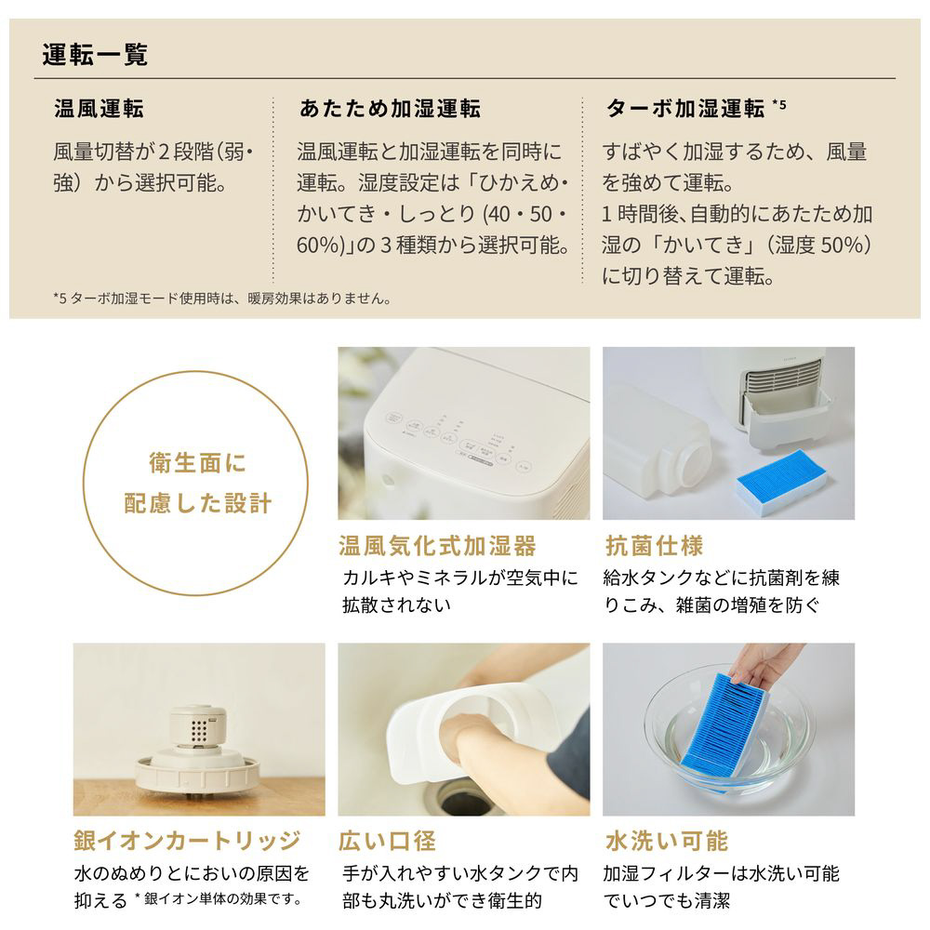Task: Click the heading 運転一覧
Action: click(x=95, y=55)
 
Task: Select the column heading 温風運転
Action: click(x=100, y=109)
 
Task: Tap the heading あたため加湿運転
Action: click(x=390, y=109)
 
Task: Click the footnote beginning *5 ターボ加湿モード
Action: click(x=222, y=299)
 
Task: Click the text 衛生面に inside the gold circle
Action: click(x=197, y=462)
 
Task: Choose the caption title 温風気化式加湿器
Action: click(x=438, y=546)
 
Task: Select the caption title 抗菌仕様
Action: click(x=654, y=546)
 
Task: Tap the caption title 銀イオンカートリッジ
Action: click(x=188, y=841)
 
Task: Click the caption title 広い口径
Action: click(x=387, y=841)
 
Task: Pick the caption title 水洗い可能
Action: click(x=667, y=841)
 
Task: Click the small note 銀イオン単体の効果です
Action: click(x=223, y=899)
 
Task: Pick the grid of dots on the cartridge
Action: click(x=199, y=732)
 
